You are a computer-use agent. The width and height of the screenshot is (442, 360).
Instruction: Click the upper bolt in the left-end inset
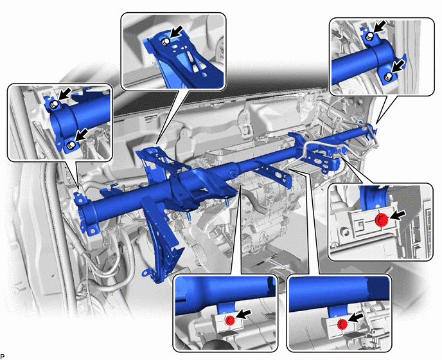pos(53,104)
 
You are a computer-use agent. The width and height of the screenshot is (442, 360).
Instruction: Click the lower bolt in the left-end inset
pos(71,145)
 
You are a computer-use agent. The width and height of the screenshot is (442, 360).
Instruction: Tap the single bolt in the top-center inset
pos(164,42)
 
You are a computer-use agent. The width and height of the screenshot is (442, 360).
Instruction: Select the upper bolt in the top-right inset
pos(369,36)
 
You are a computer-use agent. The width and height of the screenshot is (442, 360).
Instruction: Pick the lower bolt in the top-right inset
pos(388,76)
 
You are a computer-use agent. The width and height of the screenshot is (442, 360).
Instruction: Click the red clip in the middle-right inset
pos(382,219)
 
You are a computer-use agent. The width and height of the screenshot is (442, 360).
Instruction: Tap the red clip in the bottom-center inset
pos(230,320)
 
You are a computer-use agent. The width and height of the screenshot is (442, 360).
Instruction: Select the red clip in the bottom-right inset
pos(342,323)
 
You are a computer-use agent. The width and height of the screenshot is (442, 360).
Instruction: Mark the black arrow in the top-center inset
pos(175,32)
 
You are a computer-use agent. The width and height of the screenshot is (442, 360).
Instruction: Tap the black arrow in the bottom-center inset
pos(243,314)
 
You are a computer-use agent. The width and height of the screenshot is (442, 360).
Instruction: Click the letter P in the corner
pos(3,356)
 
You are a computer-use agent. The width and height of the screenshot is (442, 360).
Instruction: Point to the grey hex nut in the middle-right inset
pos(344,232)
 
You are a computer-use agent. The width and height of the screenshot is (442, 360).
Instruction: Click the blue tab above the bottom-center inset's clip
pos(225,309)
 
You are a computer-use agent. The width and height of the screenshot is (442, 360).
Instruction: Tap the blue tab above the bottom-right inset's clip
pos(338,312)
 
